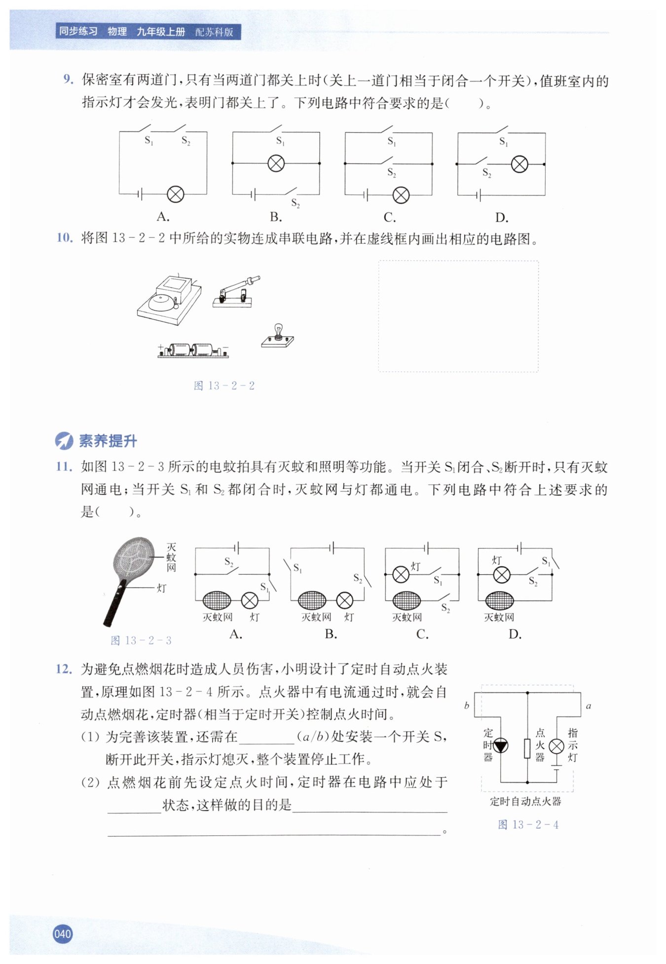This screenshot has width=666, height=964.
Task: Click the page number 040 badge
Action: tap(63, 933)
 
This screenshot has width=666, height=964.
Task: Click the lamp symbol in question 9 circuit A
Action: tap(176, 194)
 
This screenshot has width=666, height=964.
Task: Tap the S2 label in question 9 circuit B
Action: tap(296, 203)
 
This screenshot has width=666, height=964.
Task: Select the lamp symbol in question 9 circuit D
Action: tap(519, 164)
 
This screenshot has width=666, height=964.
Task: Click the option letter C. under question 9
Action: tap(390, 217)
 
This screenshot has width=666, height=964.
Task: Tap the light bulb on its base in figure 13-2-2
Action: tap(278, 335)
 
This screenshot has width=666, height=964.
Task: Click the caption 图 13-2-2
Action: tap(224, 386)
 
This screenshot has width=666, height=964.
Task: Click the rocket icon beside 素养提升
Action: tap(64, 441)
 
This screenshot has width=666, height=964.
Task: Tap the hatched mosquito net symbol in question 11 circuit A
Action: tap(217, 600)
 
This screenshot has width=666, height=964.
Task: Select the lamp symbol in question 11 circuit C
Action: tap(401, 574)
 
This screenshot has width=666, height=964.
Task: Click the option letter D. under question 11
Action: tap(515, 634)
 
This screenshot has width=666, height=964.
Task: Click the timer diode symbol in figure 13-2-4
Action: tap(501, 745)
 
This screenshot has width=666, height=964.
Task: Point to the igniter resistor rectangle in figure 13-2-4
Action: tap(527, 748)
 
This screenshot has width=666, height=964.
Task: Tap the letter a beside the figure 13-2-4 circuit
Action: tap(588, 706)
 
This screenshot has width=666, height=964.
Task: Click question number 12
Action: tap(64, 669)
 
